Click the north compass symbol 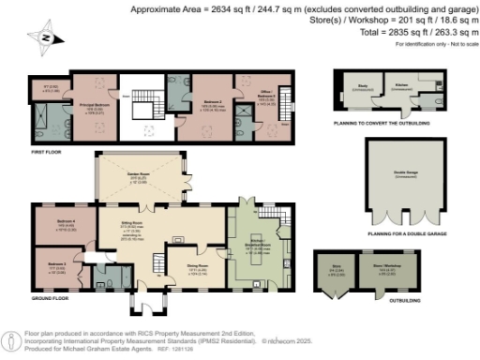45,38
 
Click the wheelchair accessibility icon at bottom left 11,339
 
